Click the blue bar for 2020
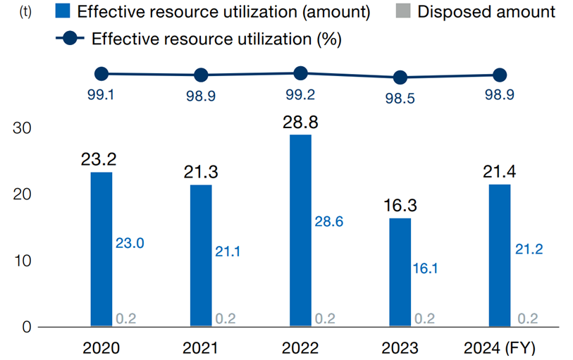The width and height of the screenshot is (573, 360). click(x=101, y=249)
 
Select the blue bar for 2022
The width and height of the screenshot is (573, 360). click(x=300, y=230)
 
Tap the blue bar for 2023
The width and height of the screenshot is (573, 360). click(x=400, y=272)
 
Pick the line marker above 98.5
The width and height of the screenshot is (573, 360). click(x=400, y=77)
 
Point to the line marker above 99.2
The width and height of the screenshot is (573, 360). click(x=300, y=73)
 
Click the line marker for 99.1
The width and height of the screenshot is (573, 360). click(x=101, y=74)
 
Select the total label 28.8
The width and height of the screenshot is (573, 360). click(x=300, y=122)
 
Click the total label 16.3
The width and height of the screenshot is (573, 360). click(x=400, y=205)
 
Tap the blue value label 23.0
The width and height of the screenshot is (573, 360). click(x=130, y=243)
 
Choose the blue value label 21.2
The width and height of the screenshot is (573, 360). click(x=528, y=249)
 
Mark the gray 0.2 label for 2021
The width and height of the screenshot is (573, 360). click(x=225, y=318)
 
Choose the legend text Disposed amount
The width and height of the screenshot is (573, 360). click(x=486, y=12)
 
